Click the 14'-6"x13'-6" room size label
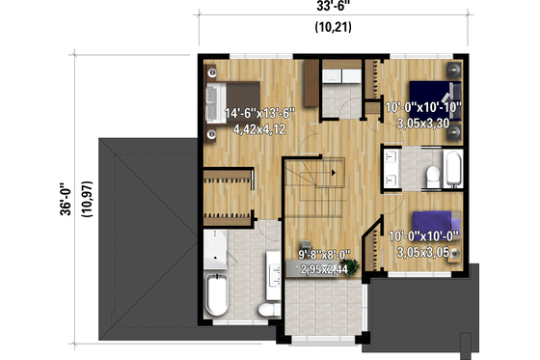259,113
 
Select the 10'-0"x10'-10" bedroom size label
423,107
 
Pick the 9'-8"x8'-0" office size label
323,256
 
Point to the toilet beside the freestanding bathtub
267,308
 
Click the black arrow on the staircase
334,173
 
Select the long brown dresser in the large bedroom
310,83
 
